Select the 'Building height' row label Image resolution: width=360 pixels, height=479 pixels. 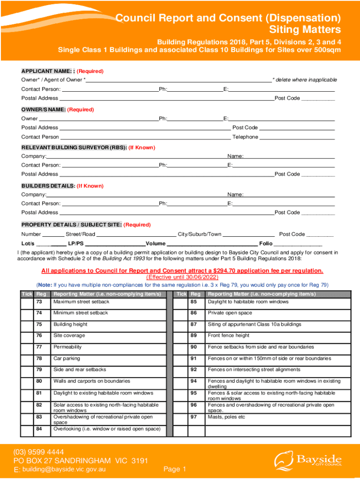[x=70, y=324]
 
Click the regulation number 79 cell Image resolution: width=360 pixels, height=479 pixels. [x=39, y=370]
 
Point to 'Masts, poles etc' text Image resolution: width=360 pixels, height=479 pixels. [x=226, y=417]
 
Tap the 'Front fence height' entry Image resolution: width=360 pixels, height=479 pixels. [x=229, y=335]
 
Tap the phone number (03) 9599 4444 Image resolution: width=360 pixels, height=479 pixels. [x=39, y=452]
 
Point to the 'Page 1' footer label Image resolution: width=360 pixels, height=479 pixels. [x=175, y=469]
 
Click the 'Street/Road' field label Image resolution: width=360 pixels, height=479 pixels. [x=80, y=234]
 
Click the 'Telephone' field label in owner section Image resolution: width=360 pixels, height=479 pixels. [x=245, y=137]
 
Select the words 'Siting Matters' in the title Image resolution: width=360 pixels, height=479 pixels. [x=306, y=30]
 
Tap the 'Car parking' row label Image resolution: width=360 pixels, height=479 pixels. [x=66, y=358]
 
